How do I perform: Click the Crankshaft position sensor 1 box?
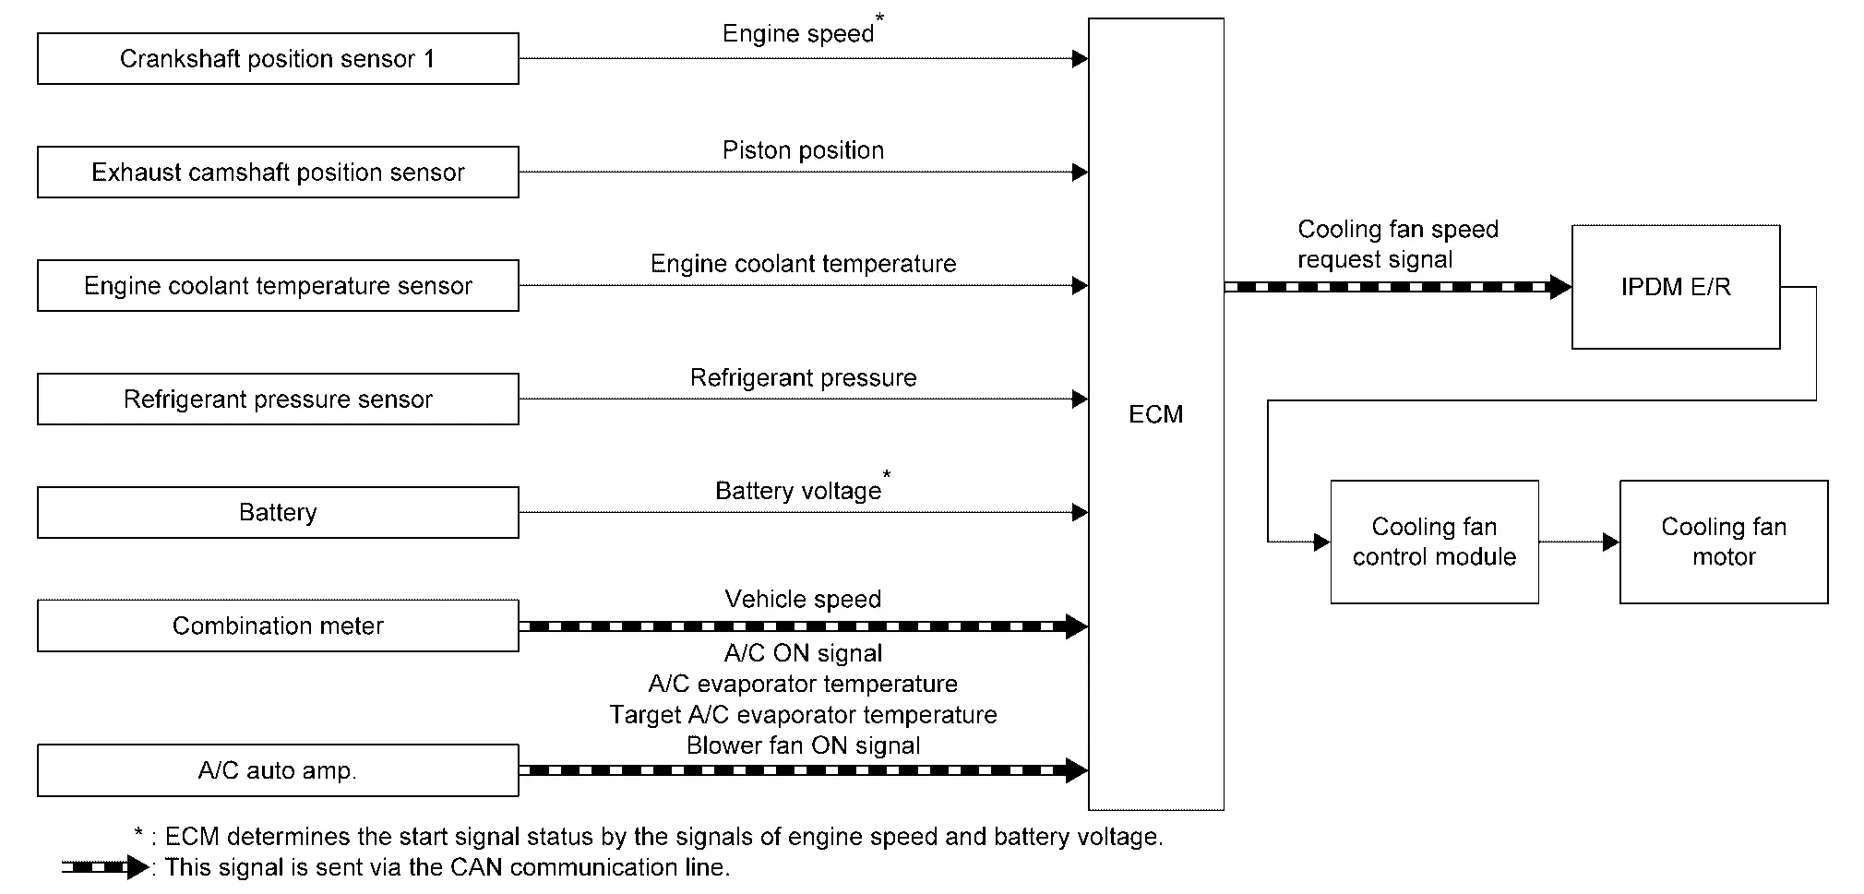click(278, 59)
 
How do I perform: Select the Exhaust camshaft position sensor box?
click(278, 173)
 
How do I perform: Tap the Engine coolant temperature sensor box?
click(278, 286)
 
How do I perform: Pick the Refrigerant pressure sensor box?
click(278, 399)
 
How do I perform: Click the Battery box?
click(278, 513)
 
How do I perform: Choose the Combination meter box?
click(278, 626)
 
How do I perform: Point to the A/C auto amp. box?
click(278, 770)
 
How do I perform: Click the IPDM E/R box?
click(1676, 287)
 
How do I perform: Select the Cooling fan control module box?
click(1434, 542)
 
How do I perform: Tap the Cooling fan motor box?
click(1724, 542)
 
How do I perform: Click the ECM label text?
click(1155, 414)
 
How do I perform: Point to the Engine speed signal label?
click(798, 34)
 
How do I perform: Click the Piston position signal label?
click(803, 150)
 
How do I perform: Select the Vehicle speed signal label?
click(803, 600)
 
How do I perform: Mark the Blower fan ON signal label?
click(803, 745)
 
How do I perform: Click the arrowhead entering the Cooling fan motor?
click(1611, 542)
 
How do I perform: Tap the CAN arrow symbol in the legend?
click(105, 867)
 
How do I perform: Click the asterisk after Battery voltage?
click(887, 475)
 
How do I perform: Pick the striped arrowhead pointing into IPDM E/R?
click(1559, 287)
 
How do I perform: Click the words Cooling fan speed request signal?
click(1398, 244)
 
